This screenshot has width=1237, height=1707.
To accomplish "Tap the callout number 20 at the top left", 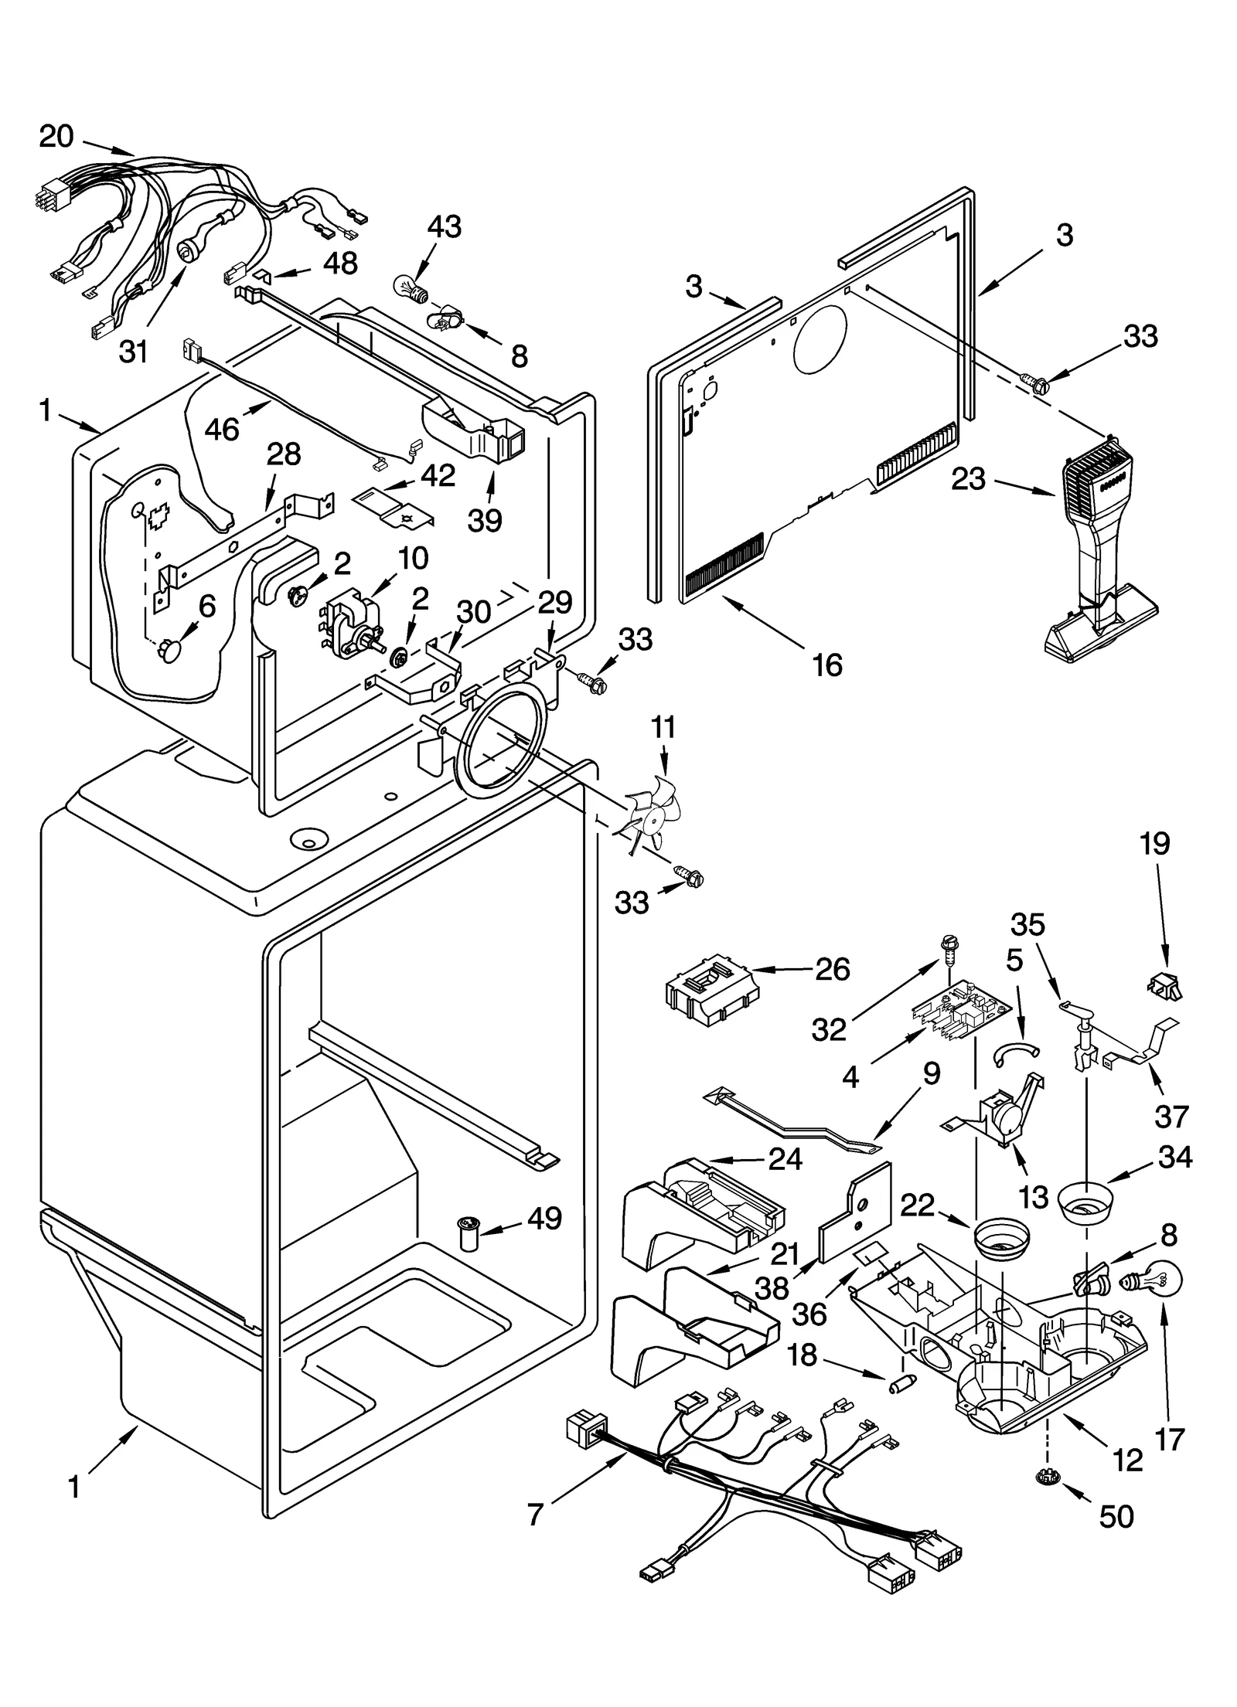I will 56,137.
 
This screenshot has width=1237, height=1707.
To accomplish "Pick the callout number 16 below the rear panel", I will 827,665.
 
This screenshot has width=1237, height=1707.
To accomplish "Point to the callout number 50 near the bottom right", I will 1116,1517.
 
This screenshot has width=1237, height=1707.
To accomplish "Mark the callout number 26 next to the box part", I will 832,969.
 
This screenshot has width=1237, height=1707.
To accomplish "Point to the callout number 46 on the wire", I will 222,429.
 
